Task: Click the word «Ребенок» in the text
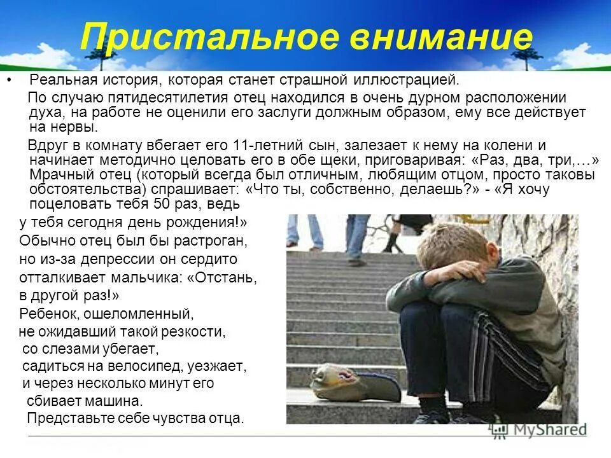tap(45, 313)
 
